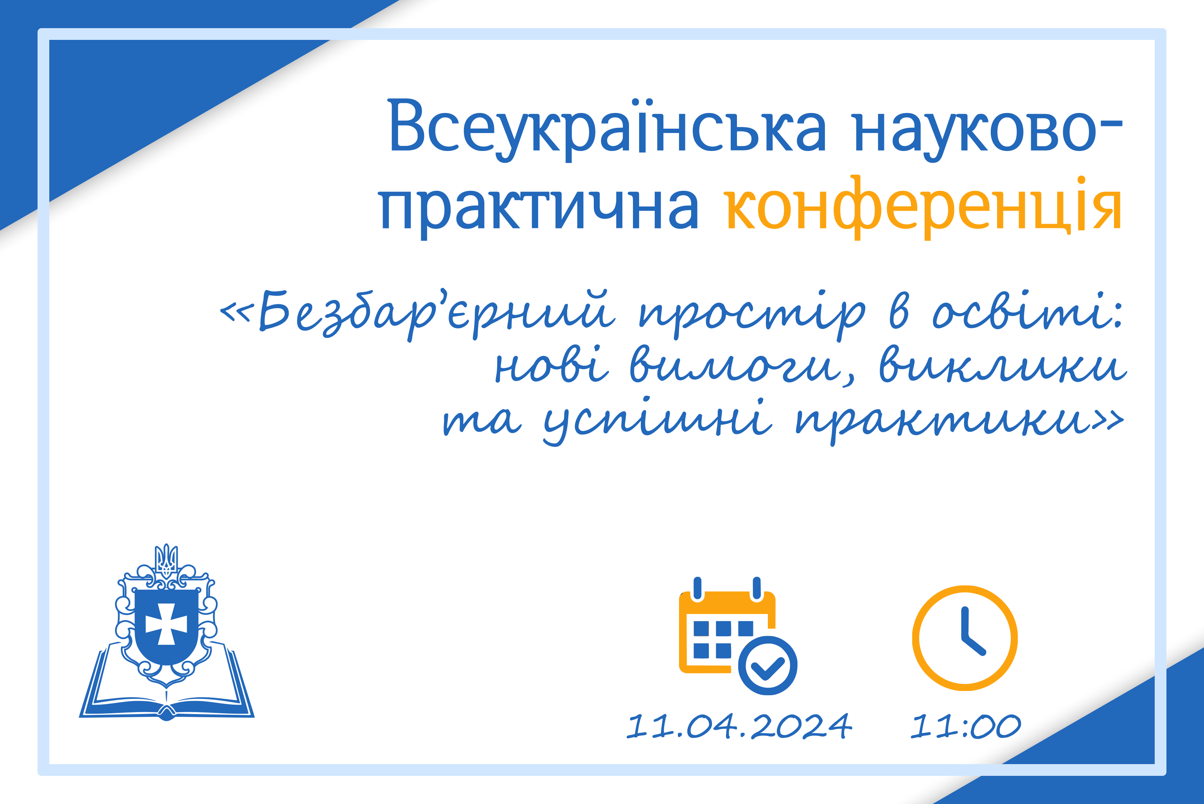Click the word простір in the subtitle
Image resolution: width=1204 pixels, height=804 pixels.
[x=752, y=314]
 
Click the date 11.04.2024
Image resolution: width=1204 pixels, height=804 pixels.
[x=739, y=726]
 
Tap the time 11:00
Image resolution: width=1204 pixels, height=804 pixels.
[x=965, y=726]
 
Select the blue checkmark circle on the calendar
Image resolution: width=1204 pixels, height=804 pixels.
[x=767, y=666]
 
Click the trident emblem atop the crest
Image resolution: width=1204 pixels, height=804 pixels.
[x=166, y=560]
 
